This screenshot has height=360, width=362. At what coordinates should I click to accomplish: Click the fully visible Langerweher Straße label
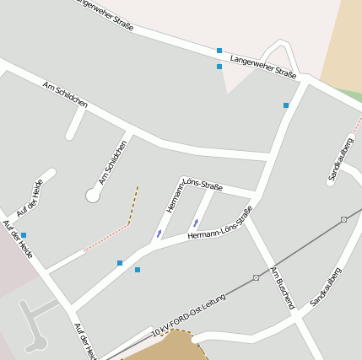pos(263,67)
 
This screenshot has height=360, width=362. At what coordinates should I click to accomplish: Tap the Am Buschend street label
pos(283,287)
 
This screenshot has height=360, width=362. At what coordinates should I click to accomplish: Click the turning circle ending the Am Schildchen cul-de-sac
pos(93,196)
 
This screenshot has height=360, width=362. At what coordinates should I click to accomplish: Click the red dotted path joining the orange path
pos(106,238)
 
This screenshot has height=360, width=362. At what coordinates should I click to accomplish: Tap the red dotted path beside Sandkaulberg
pos(357,126)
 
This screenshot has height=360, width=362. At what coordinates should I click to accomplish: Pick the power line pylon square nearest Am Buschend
pos(256,277)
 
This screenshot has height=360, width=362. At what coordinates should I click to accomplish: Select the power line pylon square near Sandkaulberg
pos(343,219)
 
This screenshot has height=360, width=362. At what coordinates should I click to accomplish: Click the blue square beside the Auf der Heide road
pos(24,235)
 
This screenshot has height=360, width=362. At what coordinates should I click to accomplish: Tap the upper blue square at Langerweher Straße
pos(219,51)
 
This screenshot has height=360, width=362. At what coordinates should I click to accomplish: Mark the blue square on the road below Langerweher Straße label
pos(286,105)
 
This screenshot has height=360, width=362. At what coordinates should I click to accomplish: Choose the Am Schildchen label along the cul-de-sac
pos(113,162)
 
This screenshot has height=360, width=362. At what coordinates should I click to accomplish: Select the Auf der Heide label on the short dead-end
pos(30,198)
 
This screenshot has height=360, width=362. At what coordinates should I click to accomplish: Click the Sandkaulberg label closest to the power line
pos(326,287)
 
